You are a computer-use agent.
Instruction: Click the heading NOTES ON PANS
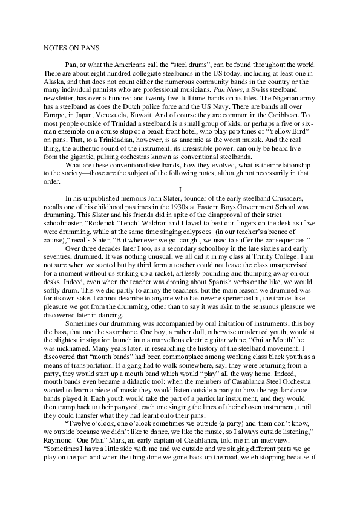tap(67, 46)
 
